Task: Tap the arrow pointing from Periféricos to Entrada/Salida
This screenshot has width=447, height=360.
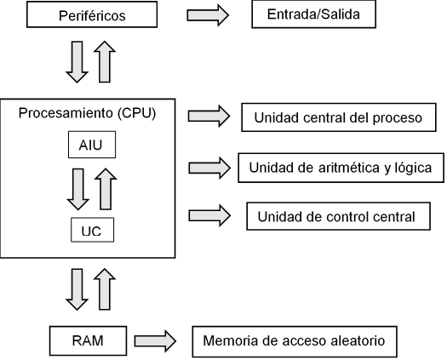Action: pos(208,14)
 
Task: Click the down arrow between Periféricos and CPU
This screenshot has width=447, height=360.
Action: pos(77,63)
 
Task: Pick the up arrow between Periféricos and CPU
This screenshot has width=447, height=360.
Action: pos(104,63)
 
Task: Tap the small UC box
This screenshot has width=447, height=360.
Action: pos(91,230)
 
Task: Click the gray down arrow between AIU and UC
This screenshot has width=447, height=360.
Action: pos(78,188)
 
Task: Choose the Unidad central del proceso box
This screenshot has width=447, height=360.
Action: pos(338,117)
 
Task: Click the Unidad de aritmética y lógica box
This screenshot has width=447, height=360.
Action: pos(340,167)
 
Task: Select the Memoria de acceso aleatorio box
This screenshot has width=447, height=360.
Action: pos(295,342)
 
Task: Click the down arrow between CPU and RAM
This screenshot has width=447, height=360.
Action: pos(77,289)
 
